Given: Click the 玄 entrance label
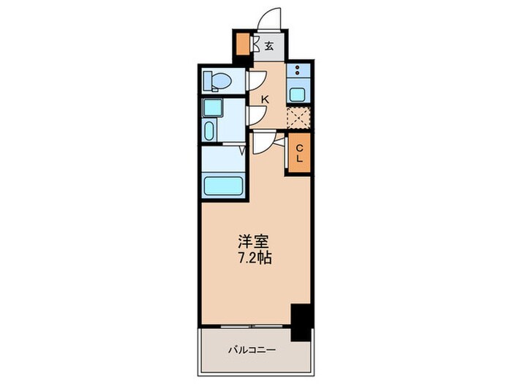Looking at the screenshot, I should click(269, 45).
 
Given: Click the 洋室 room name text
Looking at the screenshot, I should click(249, 240).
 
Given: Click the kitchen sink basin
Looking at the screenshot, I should click(298, 93).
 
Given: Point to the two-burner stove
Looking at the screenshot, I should click(298, 72).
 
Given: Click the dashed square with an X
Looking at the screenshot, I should click(299, 118).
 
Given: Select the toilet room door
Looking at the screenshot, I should click(256, 80).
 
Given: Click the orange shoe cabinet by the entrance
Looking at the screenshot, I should click(241, 47).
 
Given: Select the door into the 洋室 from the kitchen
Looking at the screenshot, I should click(262, 143).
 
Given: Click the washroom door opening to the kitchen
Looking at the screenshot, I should click(256, 115).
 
